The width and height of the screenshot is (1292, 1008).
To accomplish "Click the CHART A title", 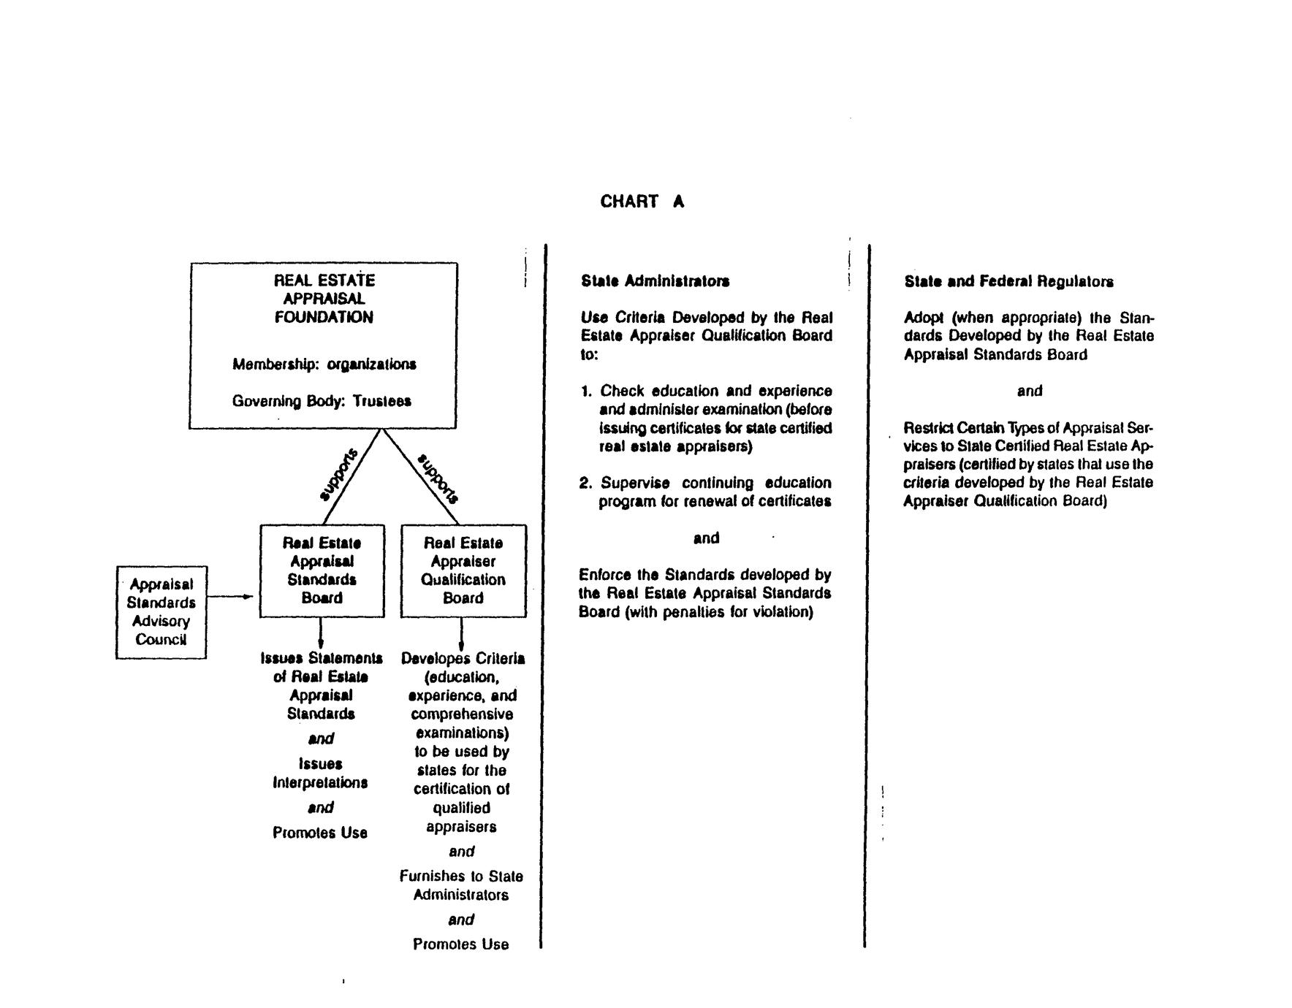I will pyautogui.click(x=642, y=202).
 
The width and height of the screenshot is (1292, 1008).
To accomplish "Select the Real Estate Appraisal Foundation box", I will pyautogui.click(x=323, y=345).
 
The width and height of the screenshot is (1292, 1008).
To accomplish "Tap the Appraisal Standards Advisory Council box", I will pyautogui.click(x=161, y=612).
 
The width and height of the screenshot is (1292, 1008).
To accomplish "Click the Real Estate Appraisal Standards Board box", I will pyautogui.click(x=322, y=570).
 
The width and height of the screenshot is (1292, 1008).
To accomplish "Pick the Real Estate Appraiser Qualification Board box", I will pyautogui.click(x=463, y=570).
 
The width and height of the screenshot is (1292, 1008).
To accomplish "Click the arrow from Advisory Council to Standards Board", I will pyautogui.click(x=230, y=597).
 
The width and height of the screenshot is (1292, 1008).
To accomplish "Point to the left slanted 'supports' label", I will pyautogui.click(x=340, y=475).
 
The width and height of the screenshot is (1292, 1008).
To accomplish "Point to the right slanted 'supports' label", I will pyautogui.click(x=438, y=478).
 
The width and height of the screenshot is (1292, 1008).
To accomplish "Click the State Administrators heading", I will pyautogui.click(x=655, y=281).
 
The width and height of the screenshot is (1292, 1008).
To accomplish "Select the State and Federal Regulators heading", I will pyautogui.click(x=1008, y=282).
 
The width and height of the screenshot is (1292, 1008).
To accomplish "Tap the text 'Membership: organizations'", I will pyautogui.click(x=324, y=364).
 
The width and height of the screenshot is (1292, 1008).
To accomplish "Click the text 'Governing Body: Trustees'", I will pyautogui.click(x=322, y=401).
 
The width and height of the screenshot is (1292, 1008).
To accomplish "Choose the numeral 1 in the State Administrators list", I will pyautogui.click(x=585, y=392).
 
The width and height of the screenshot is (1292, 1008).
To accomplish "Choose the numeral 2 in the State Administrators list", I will pyautogui.click(x=585, y=483).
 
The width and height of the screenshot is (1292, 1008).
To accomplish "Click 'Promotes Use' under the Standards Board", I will pyautogui.click(x=319, y=833).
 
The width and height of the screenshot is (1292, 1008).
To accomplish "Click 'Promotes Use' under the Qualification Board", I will pyautogui.click(x=460, y=944).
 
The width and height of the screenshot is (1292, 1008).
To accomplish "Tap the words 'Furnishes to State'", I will pyautogui.click(x=461, y=876).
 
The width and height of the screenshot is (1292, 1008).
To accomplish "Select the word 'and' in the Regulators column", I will pyautogui.click(x=1029, y=391).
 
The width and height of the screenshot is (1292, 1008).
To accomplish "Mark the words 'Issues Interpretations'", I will pyautogui.click(x=320, y=773).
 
